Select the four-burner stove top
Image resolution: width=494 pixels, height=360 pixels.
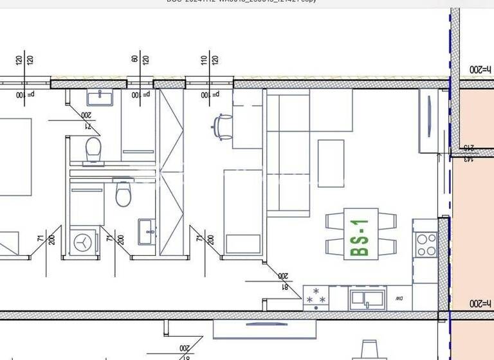pos(425,244)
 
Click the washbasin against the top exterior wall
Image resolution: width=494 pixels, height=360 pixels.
pos(100,97)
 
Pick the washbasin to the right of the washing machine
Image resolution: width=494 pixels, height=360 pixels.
pos(146,229)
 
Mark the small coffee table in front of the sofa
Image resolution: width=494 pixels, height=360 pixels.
pos(331,163)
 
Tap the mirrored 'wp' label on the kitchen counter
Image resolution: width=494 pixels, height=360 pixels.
pos(399,298)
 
